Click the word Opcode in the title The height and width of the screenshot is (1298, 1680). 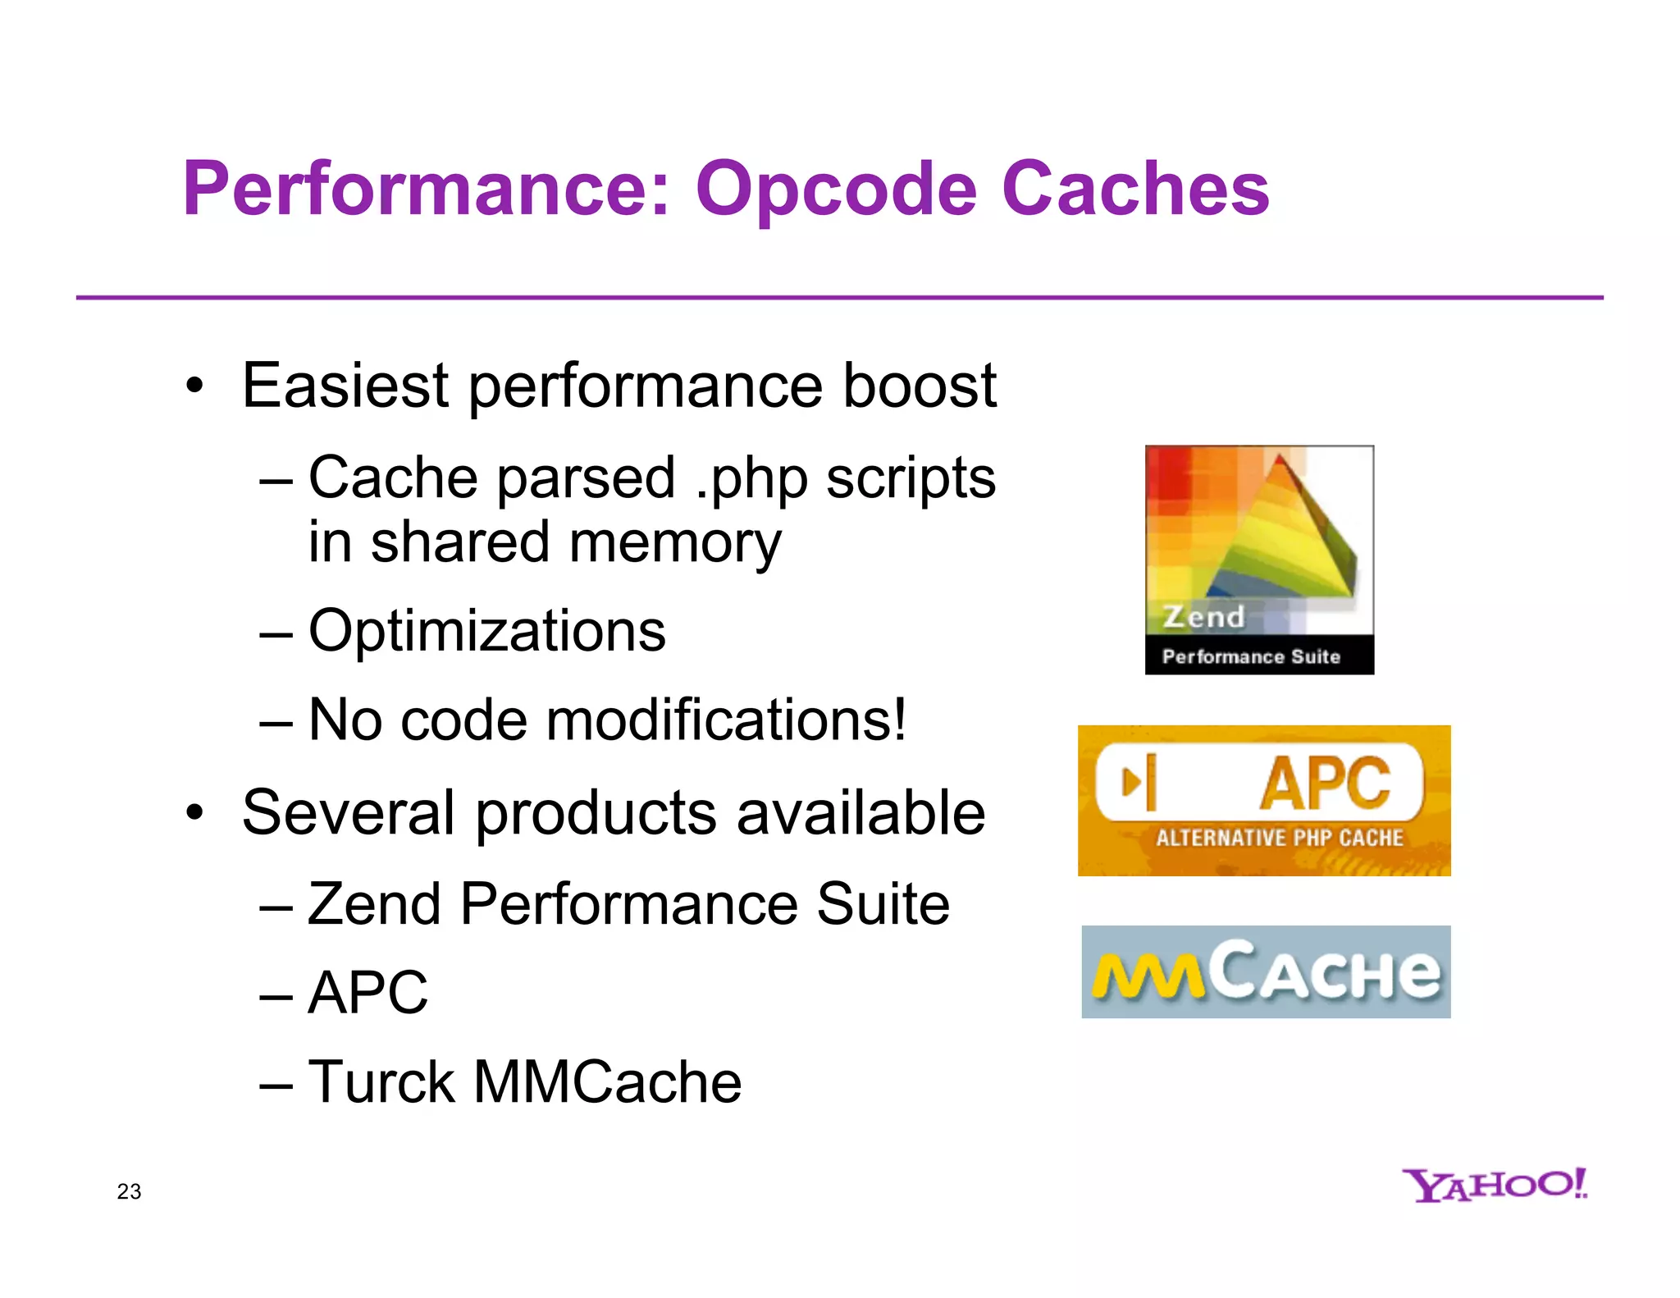pos(836,190)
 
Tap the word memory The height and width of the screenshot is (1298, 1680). pos(674,543)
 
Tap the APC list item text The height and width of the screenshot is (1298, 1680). pos(367,993)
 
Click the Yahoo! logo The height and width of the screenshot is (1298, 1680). pos(1494,1185)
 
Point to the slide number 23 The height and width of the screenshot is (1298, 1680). pos(129,1191)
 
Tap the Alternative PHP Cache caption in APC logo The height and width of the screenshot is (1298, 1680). pos(1279,838)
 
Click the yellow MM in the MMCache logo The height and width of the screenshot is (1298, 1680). pos(1148,976)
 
